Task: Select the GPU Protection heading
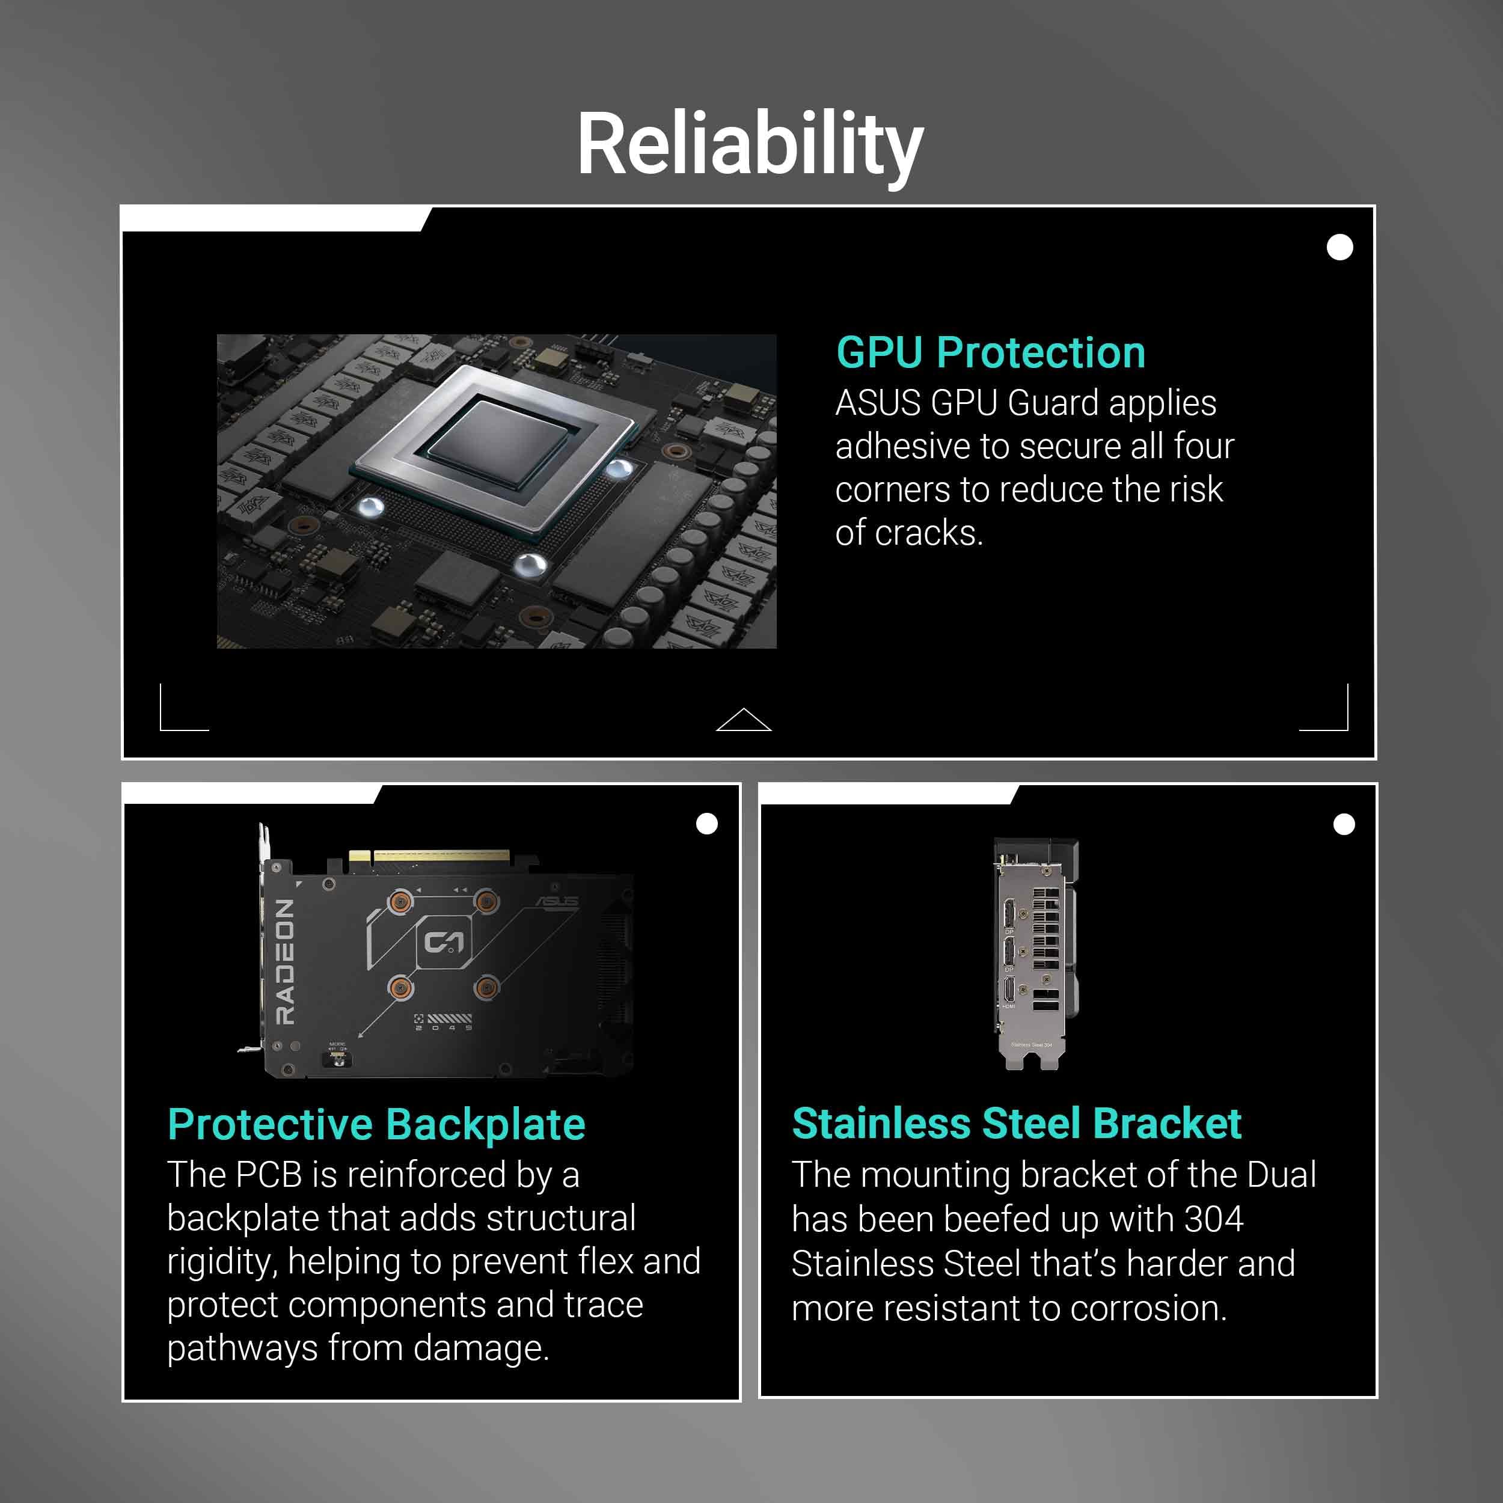(990, 352)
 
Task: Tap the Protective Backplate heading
(376, 1125)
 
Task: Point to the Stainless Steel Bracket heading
(1016, 1124)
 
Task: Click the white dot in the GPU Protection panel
(1339, 247)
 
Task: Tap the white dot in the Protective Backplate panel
(706, 824)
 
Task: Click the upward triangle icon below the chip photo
(744, 720)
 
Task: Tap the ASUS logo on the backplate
(557, 902)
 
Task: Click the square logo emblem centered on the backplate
(444, 943)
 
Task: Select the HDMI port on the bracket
(1009, 990)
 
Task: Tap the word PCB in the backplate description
(268, 1175)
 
